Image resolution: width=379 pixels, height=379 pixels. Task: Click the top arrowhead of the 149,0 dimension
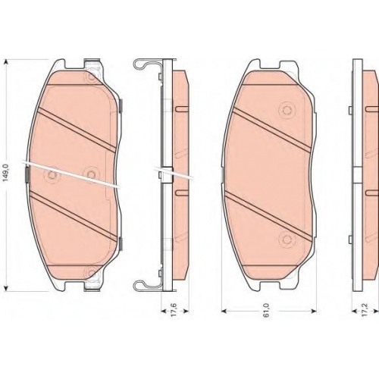[7, 62]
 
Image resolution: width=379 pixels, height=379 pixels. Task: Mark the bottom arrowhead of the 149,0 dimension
[7, 288]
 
